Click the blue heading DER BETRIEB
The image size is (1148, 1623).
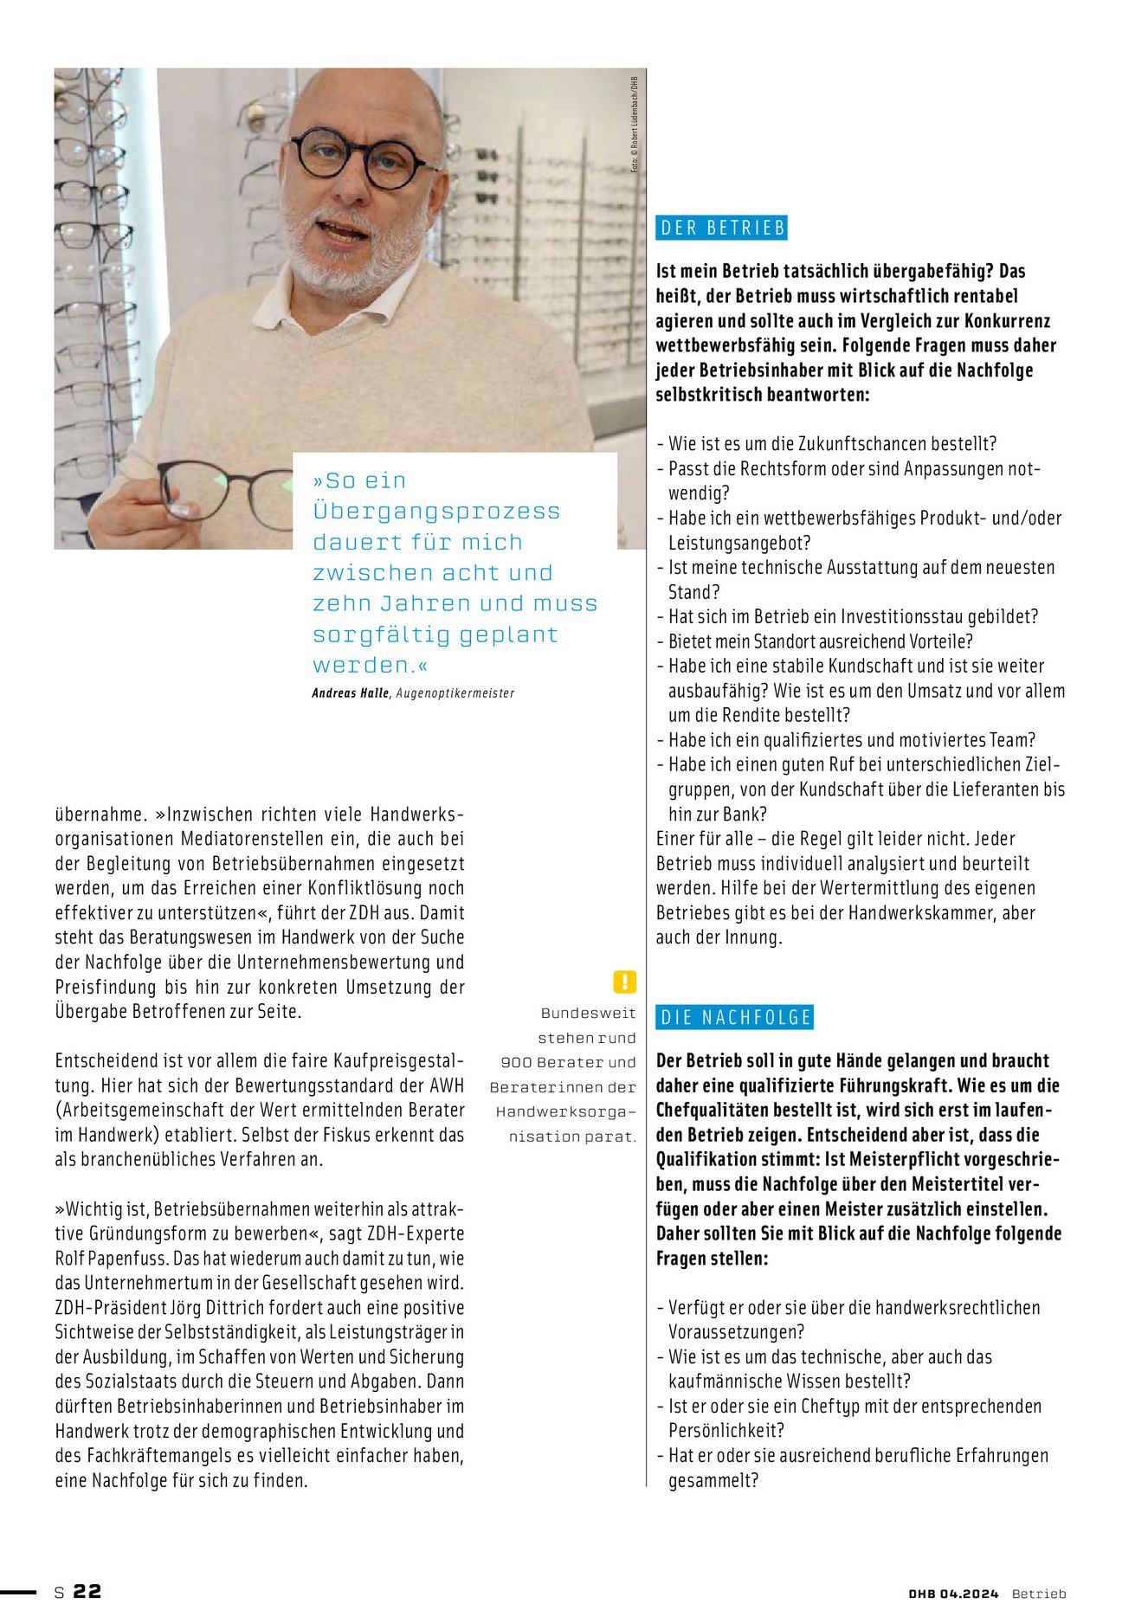click(x=722, y=228)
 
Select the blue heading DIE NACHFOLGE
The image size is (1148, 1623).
click(x=735, y=1017)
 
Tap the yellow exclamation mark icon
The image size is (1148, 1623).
click(x=624, y=982)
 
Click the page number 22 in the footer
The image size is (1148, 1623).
click(x=87, y=1591)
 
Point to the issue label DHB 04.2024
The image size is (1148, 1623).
click(x=953, y=1594)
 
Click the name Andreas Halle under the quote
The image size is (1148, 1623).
click(x=351, y=693)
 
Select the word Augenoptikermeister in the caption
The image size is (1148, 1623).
click(x=455, y=693)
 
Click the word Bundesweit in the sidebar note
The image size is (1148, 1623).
click(x=589, y=1013)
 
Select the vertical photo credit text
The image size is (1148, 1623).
click(x=635, y=124)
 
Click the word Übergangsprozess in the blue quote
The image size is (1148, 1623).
click(x=436, y=512)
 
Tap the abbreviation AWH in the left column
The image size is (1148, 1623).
click(x=447, y=1085)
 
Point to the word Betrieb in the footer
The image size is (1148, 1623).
click(x=1039, y=1594)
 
